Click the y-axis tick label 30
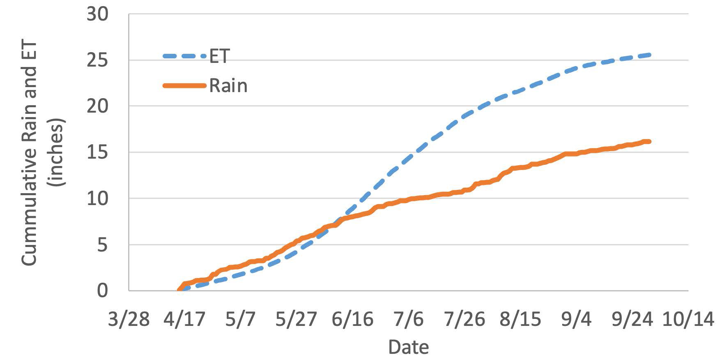pyautogui.click(x=97, y=14)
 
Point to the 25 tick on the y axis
pyautogui.click(x=97, y=60)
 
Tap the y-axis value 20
pyautogui.click(x=97, y=106)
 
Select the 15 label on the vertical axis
pyautogui.click(x=97, y=152)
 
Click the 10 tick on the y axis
pyautogui.click(x=97, y=199)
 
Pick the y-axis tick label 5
pyautogui.click(x=102, y=245)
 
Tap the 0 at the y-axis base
pyautogui.click(x=102, y=291)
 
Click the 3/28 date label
pyautogui.click(x=129, y=319)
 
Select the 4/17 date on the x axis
pyautogui.click(x=184, y=319)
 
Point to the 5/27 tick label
pyautogui.click(x=296, y=319)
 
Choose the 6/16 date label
pyautogui.click(x=352, y=319)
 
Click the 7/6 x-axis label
pyautogui.click(x=408, y=319)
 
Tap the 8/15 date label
pyautogui.click(x=520, y=319)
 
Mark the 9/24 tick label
pyautogui.click(x=632, y=319)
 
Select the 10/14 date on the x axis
pyautogui.click(x=688, y=319)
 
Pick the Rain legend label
pyautogui.click(x=228, y=86)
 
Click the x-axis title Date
pyautogui.click(x=408, y=347)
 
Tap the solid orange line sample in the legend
pyautogui.click(x=184, y=86)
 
